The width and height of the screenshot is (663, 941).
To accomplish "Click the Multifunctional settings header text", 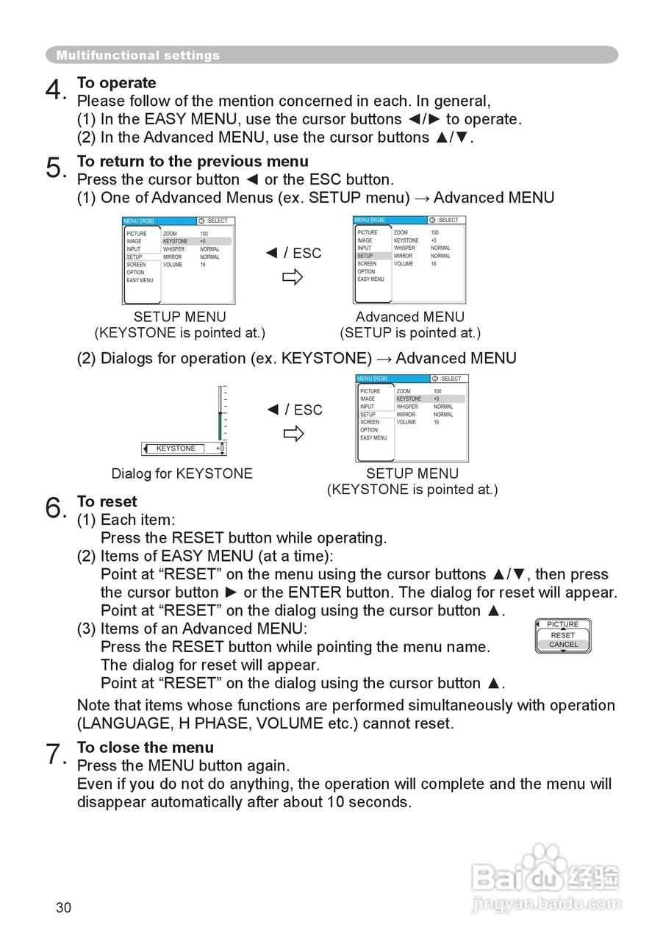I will coord(138,55).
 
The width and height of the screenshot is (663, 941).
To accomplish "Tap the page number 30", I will coord(64,908).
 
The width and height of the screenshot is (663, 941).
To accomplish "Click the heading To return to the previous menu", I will coord(193,161).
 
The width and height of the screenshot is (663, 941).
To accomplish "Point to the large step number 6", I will coord(54,507).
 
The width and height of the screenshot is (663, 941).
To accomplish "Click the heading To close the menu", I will coord(146,747).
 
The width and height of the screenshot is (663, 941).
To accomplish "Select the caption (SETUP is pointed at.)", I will coord(410,333).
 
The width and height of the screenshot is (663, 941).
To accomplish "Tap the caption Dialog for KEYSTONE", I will coord(182,473).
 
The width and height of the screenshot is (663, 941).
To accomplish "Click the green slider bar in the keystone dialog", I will coord(219,425).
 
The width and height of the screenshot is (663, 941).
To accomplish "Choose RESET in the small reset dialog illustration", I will coord(563,635).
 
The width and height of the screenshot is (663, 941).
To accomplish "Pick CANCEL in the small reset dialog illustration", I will coord(563,645).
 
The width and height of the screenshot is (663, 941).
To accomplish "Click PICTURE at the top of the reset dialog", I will coord(563,624).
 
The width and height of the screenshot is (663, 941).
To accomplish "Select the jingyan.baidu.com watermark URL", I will coord(546,903).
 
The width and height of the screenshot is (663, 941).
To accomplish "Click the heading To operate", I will coord(117,82).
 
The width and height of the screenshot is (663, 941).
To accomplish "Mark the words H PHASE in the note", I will coord(213,723).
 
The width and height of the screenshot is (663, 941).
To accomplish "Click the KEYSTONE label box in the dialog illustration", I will coord(176,448).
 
